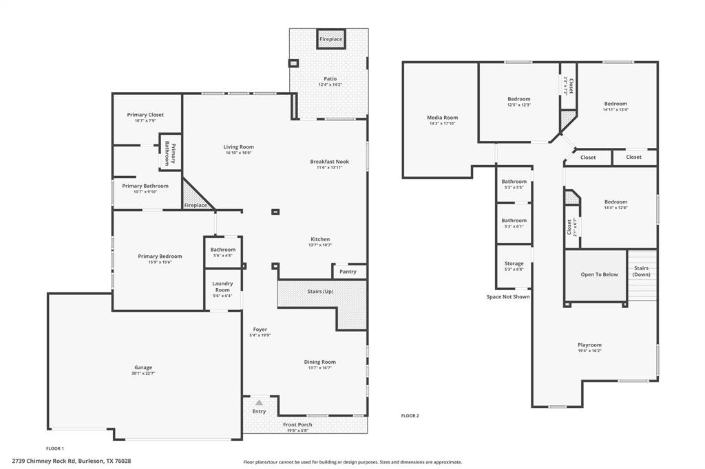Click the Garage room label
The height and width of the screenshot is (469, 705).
(x=143, y=367)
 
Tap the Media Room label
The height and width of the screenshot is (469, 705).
(x=442, y=118)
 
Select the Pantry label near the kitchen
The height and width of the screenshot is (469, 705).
(x=348, y=272)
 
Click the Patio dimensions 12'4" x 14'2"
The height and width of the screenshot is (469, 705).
(x=330, y=85)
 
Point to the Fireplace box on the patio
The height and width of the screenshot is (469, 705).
(x=330, y=39)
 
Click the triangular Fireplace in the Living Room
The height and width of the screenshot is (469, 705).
(x=195, y=200)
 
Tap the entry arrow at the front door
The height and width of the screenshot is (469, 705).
(x=259, y=402)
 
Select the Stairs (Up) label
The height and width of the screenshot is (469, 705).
(x=320, y=292)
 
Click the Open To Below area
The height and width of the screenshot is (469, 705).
(x=599, y=274)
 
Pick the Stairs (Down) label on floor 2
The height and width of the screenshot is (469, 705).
(x=641, y=271)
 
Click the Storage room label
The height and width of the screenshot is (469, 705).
(x=514, y=263)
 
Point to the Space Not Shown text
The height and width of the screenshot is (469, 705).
(x=508, y=297)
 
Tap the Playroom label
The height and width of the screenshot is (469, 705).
(x=589, y=345)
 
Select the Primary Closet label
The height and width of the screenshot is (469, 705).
(x=145, y=115)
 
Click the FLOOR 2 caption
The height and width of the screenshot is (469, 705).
(x=410, y=415)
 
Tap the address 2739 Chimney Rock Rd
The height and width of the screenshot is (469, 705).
(x=72, y=461)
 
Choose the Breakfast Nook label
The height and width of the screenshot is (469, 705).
(x=329, y=162)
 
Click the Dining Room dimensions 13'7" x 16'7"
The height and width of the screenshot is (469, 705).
(x=320, y=368)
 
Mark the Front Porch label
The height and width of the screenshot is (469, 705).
(x=297, y=425)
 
